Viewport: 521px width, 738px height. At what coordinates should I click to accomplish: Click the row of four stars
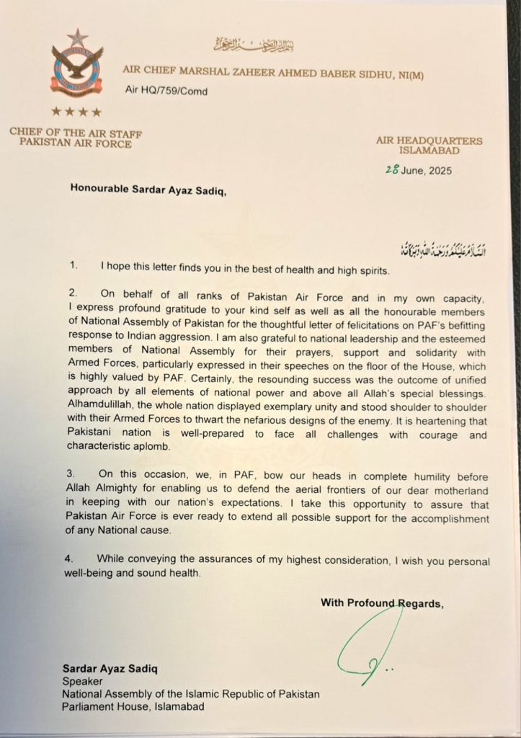[x=76, y=112]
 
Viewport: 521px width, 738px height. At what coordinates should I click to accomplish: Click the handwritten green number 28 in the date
[x=393, y=171]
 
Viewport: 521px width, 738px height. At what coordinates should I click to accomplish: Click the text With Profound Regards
[x=382, y=603]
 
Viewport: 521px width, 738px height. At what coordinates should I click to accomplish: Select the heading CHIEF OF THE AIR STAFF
[x=76, y=132]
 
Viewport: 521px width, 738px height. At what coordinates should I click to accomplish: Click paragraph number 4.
[x=73, y=561]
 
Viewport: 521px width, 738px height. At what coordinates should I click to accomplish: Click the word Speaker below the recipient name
[x=80, y=680]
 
